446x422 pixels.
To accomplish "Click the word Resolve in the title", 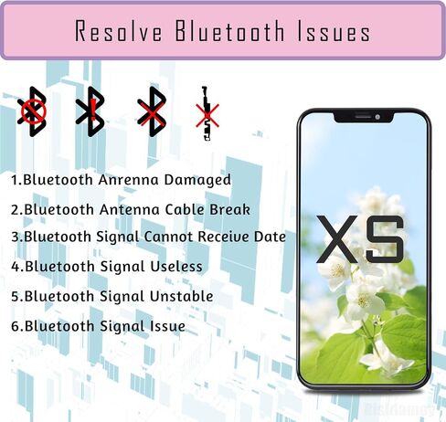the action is (x=119, y=31).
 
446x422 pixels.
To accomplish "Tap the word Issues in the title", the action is (x=334, y=31).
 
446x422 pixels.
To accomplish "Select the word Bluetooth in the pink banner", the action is (x=230, y=31).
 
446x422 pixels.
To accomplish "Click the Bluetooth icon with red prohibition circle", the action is (x=32, y=111).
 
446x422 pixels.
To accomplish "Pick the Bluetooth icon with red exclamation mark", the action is (x=90, y=111).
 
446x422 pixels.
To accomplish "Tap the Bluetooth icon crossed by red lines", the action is (x=152, y=111).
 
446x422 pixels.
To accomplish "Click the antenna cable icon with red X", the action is (x=207, y=113).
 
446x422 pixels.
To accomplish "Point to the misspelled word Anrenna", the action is (x=128, y=180).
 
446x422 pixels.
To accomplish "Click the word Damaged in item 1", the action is (x=197, y=180).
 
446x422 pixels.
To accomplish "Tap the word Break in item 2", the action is (x=229, y=209).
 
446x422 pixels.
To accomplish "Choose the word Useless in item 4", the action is (x=176, y=267).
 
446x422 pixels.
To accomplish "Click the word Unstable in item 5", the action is (x=182, y=296).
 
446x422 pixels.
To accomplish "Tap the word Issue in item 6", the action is (x=168, y=326).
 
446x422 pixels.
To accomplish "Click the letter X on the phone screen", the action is (x=337, y=239).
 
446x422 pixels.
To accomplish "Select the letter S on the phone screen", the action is (x=386, y=239).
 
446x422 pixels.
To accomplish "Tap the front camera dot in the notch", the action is (x=377, y=117).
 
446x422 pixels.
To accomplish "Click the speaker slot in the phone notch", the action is (x=363, y=116).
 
